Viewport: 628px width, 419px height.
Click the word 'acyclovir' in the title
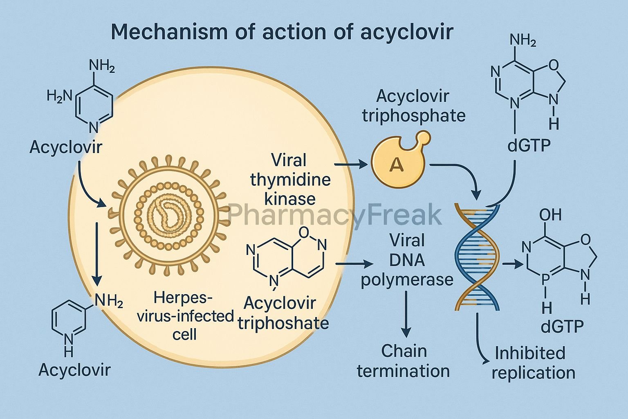pyautogui.click(x=406, y=32)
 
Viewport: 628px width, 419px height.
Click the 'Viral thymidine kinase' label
pyautogui.click(x=290, y=179)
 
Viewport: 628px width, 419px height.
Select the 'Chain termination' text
pyautogui.click(x=403, y=361)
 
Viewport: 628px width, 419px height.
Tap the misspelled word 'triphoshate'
pyautogui.click(x=283, y=323)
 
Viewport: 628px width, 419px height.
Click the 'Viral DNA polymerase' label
pyautogui.click(x=407, y=260)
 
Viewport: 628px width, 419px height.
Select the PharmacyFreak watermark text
pyautogui.click(x=334, y=215)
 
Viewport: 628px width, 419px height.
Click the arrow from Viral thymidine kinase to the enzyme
pyautogui.click(x=351, y=164)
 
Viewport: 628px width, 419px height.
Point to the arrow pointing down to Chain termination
pyautogui.click(x=406, y=313)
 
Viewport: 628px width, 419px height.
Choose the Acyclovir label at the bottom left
pyautogui.click(x=74, y=370)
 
